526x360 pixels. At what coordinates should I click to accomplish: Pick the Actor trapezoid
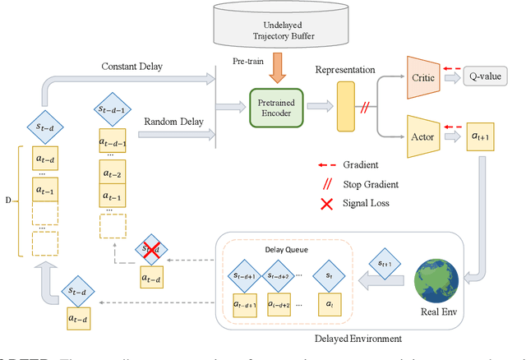tap(424, 133)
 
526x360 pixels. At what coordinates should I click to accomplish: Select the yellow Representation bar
tap(344, 108)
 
